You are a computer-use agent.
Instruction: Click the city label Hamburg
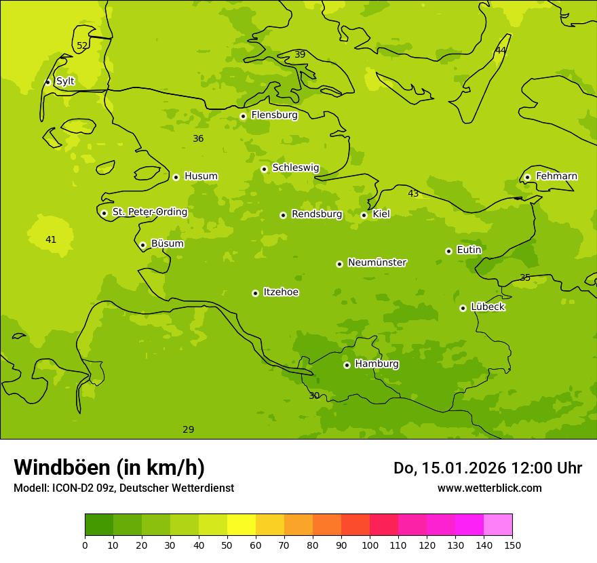coord(377,364)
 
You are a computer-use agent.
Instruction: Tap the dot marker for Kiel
coord(364,215)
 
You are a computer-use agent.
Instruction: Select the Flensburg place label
coord(274,115)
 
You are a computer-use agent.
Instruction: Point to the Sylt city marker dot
coord(47,82)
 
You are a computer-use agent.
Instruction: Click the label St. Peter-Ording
coord(149,212)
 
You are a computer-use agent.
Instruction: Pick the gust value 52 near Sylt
coord(82,46)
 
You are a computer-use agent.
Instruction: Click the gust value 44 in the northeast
coord(501,51)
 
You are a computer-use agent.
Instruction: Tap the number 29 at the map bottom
coord(189,429)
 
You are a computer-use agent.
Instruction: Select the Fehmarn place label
coord(556,176)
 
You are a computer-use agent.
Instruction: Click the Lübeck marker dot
coord(463,308)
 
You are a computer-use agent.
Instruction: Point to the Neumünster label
coord(377,263)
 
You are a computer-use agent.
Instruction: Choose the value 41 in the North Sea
coord(51,239)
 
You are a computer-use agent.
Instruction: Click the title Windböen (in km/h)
coord(109,467)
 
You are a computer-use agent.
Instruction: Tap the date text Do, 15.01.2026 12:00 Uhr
coord(487,468)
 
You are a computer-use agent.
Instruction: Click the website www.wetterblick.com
coord(489,488)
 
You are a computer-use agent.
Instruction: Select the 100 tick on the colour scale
coord(370,545)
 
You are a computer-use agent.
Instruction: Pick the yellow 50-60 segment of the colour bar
coord(242,525)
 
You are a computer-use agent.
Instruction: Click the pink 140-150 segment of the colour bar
coord(498,525)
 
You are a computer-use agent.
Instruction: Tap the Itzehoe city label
coord(281,292)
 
